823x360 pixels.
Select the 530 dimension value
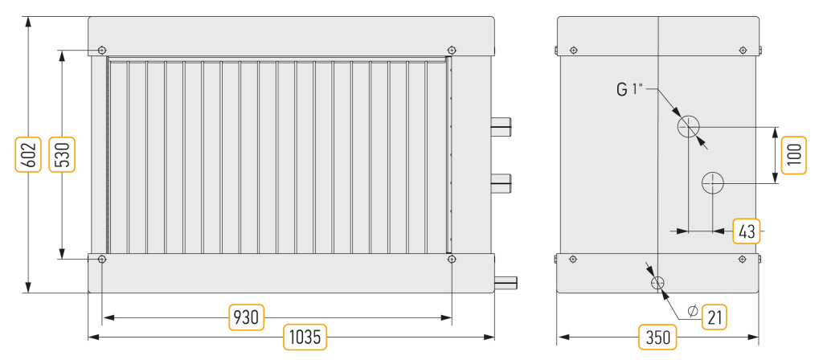62,155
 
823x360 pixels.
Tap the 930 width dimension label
247,317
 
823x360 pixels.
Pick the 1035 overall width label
305,337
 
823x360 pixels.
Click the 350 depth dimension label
657,337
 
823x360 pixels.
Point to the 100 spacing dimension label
793,155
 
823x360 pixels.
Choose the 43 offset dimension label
747,231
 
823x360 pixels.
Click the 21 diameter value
714,317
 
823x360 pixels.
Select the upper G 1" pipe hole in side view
688,126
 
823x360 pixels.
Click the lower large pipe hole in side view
713,182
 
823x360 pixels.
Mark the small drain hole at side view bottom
657,284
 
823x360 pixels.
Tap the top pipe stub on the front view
501,126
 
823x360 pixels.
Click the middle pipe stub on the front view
501,182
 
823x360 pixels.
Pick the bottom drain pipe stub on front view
506,284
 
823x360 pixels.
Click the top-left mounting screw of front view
102,50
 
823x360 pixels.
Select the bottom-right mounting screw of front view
452,259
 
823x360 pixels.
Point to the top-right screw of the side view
742,50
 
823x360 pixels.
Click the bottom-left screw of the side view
573,259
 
